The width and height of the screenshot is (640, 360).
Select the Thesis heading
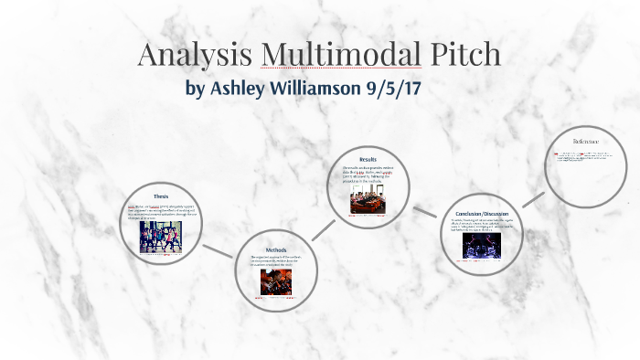point(161,196)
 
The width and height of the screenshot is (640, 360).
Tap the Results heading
point(368,160)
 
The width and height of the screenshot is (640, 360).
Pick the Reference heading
point(586,142)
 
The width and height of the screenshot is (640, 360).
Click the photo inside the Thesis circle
point(161,238)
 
